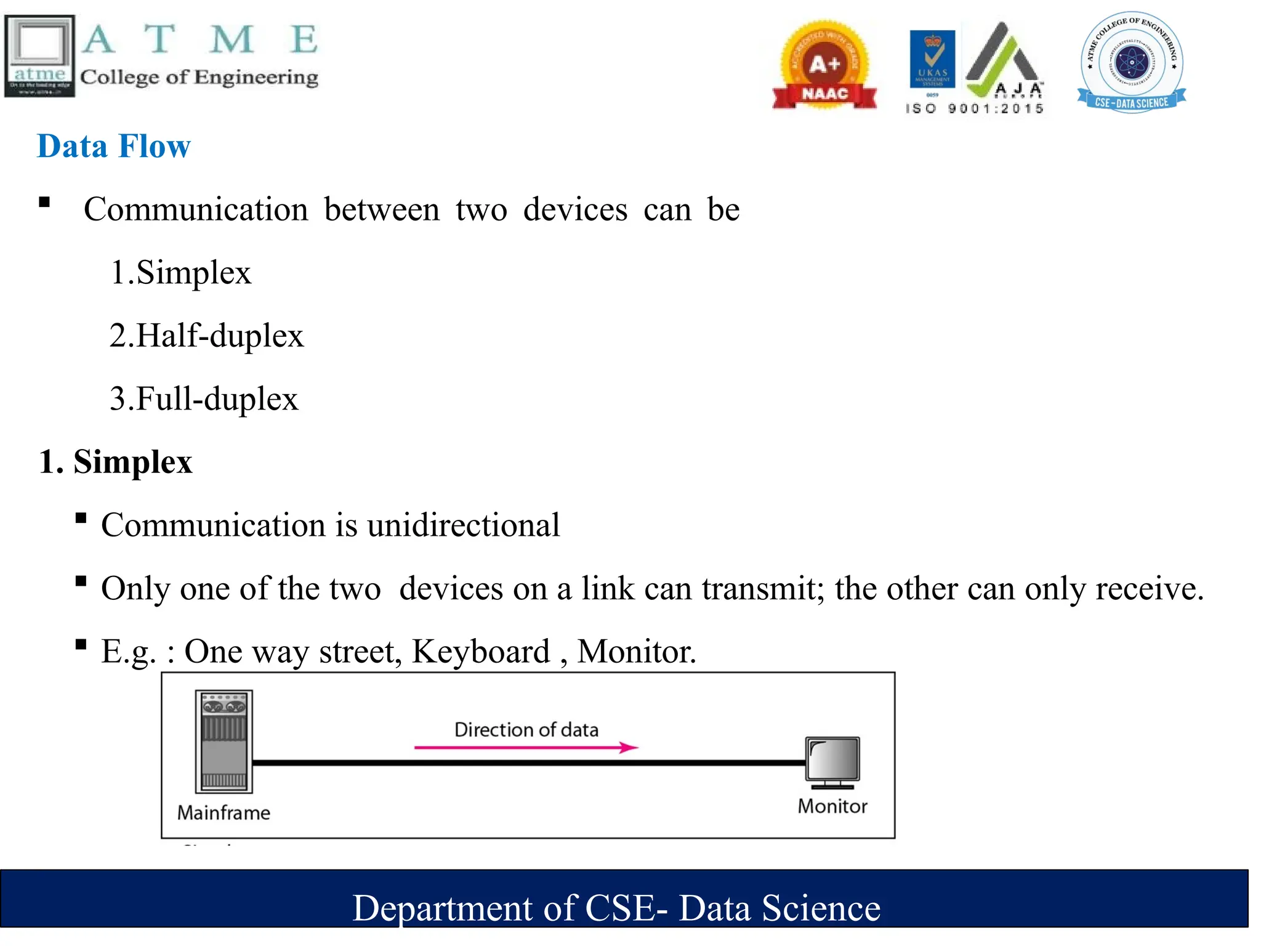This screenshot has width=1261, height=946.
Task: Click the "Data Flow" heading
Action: coord(114,147)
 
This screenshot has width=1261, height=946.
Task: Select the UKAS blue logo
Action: coord(932,60)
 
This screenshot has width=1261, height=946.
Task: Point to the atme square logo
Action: coord(40,56)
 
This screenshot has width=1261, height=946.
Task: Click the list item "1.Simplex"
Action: coord(180,272)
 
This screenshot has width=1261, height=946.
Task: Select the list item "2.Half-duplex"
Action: coord(206,336)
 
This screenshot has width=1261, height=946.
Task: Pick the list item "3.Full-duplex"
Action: coord(204,398)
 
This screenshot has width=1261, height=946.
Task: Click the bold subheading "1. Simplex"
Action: coord(116,462)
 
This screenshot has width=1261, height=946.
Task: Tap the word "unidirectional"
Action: coord(463,525)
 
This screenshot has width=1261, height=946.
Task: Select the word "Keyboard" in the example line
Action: coord(481,652)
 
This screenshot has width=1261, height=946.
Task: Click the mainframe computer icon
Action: coord(224,742)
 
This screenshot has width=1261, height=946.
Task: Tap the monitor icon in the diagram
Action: coord(833,762)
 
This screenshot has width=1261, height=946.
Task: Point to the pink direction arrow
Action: coord(526,748)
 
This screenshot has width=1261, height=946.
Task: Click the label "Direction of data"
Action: coord(526,730)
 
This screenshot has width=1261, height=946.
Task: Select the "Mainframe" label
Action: coord(224,813)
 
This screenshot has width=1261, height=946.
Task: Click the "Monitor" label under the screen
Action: coord(832,806)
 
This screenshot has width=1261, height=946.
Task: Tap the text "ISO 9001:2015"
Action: coord(975,109)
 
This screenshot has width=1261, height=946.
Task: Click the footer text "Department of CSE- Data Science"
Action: coord(616,908)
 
